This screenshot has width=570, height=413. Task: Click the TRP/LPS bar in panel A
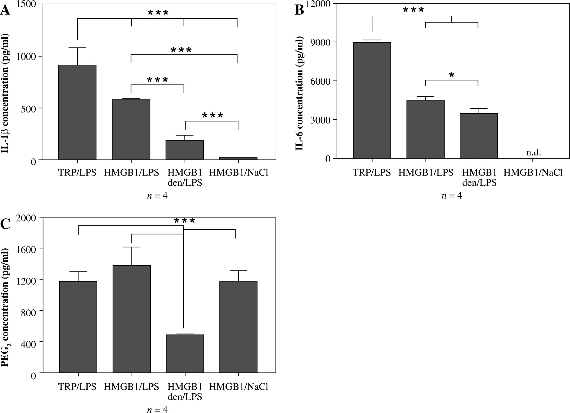[77, 112]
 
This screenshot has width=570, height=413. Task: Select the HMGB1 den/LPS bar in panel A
[184, 150]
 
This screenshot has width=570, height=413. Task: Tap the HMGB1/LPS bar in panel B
[425, 129]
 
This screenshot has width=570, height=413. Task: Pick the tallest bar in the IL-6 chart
[372, 100]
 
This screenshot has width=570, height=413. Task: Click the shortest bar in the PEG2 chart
[185, 353]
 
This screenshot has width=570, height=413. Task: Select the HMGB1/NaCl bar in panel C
[238, 327]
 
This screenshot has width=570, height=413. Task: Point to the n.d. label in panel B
[533, 153]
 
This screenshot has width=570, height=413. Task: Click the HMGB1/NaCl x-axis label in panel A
[238, 173]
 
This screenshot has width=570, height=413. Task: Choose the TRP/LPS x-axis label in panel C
[78, 387]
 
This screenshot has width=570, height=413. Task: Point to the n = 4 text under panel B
[452, 196]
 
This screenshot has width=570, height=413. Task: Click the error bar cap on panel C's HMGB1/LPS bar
[132, 247]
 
